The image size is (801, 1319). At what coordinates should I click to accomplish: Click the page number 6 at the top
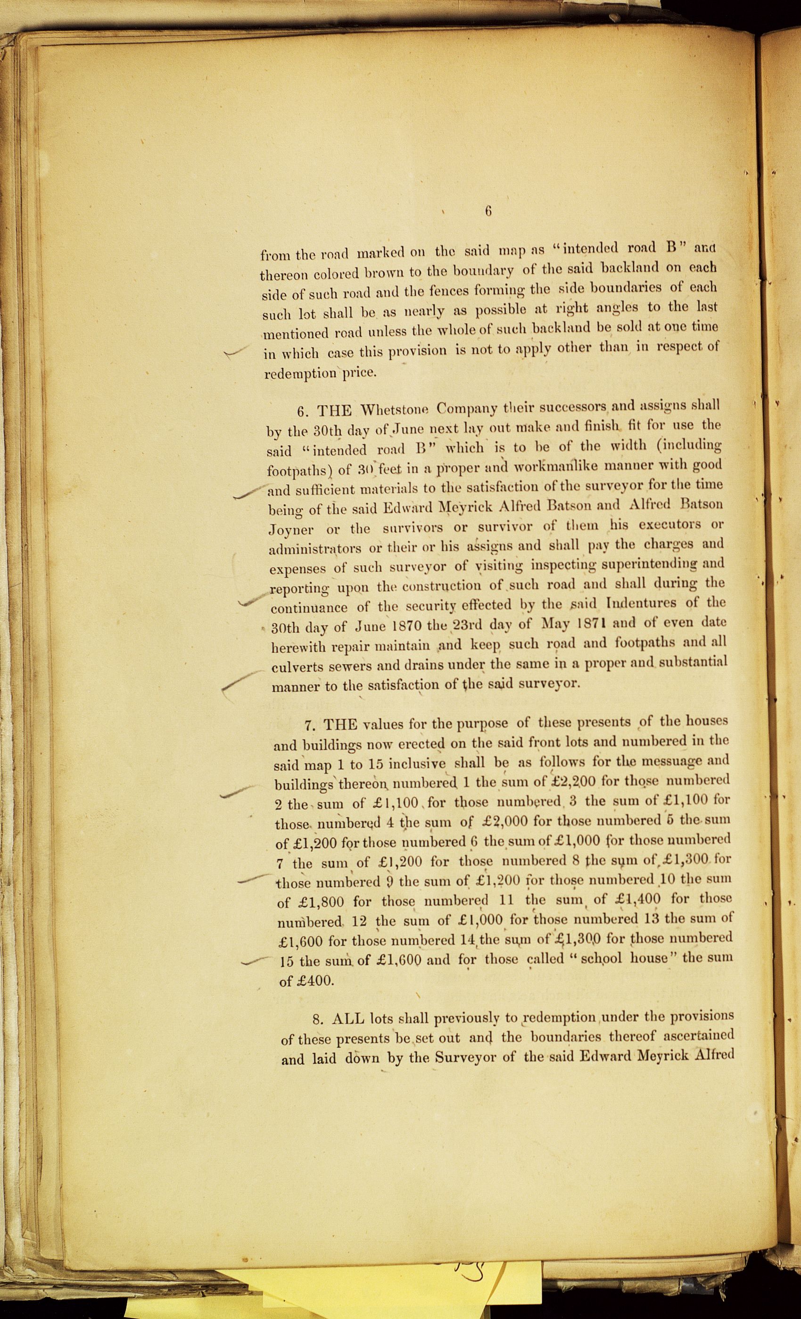pos(487,211)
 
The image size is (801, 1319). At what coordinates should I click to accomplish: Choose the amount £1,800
pos(312,902)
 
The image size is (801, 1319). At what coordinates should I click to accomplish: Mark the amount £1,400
pos(637,899)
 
